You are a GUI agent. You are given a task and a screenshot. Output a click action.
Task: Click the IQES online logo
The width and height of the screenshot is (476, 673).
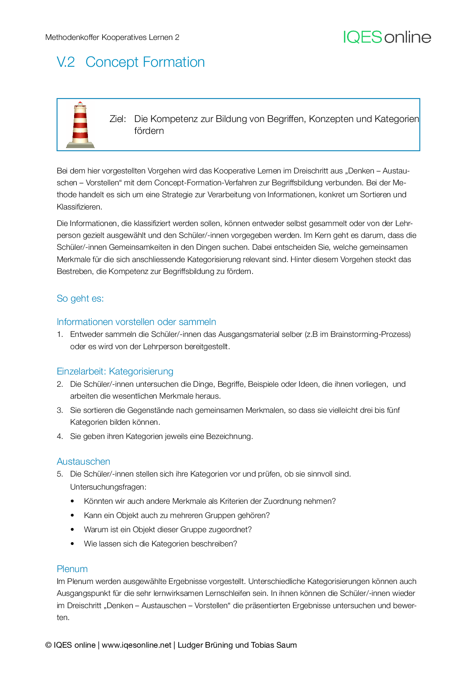[387, 37]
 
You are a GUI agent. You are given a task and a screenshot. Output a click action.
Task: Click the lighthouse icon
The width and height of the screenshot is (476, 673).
[80, 125]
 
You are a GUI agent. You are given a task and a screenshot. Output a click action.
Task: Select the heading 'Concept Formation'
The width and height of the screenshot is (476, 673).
[145, 62]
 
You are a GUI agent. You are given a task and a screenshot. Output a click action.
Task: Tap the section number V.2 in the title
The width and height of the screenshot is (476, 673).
[66, 62]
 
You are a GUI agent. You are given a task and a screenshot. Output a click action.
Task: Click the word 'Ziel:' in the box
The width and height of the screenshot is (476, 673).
[117, 119]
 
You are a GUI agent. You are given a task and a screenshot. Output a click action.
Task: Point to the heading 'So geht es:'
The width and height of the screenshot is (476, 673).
[80, 299]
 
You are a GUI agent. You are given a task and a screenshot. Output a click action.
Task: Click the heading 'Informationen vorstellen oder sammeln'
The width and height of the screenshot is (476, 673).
[136, 322]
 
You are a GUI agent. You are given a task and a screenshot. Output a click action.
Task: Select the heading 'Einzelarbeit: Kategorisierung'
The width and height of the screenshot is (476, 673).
[115, 371]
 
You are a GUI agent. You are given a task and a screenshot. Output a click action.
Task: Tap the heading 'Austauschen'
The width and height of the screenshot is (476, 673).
[83, 462]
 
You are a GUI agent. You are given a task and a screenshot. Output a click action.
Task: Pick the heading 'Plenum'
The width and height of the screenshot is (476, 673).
[72, 569]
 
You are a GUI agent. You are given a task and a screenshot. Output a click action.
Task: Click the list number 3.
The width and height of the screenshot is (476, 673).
[59, 411]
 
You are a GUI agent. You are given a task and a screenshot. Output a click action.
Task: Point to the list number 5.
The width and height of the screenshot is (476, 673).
[59, 474]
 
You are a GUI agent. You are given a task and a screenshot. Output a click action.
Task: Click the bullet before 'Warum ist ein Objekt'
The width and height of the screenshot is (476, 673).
[73, 530]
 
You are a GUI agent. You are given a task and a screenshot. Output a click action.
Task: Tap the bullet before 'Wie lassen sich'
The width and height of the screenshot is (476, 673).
[73, 544]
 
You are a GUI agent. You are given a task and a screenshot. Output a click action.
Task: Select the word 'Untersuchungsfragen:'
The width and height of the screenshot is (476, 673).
[108, 487]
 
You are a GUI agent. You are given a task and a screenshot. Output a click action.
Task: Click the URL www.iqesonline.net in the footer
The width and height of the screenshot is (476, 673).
[136, 645]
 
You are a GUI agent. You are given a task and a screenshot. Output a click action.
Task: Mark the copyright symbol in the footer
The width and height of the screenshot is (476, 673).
[48, 645]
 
